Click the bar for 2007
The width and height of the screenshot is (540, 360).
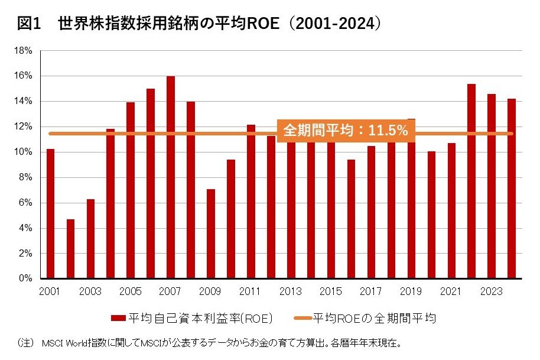pos(171,177)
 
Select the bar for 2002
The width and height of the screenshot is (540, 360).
pos(70,248)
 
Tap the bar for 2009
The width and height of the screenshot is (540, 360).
pos(211,233)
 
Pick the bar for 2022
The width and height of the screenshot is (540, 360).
pos(471,181)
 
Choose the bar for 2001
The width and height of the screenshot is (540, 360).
pos(50,213)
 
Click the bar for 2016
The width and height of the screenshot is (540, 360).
pos(351,219)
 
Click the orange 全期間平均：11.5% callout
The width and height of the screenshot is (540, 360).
pos(346,131)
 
